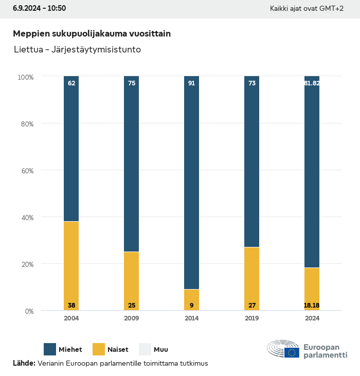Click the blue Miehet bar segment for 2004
coord(71,149)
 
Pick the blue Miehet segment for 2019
coord(251,162)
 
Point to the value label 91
coord(191,83)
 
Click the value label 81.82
coord(312,83)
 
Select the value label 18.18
coord(312,306)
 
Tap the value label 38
coord(71,306)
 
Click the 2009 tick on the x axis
coord(132,318)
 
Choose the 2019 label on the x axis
coord(251,318)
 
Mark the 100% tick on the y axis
coord(25,77)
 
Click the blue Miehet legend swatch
coord(50,349)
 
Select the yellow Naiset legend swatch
coord(99,349)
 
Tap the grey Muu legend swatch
coord(145,349)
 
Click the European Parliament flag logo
coord(293,352)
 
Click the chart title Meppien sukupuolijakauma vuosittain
coord(92,33)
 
